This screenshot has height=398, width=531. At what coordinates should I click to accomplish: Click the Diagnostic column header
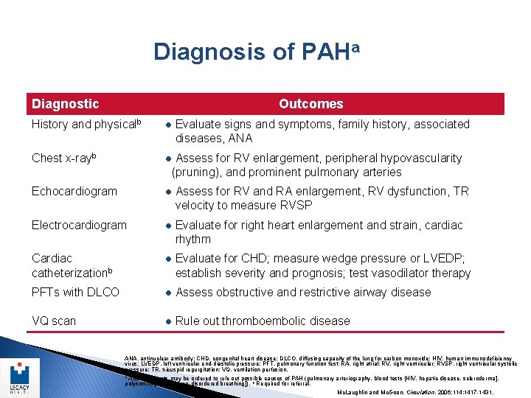coord(65,104)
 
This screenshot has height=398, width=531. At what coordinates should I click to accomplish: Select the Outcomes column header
coord(310,104)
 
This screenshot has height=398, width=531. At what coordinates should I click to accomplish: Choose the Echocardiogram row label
coord(74,191)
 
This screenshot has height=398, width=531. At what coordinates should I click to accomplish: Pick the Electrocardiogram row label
coord(79,225)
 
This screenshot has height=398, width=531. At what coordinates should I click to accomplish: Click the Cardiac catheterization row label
coord(71,265)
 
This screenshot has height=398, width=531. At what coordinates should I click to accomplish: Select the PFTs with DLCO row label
coord(75,292)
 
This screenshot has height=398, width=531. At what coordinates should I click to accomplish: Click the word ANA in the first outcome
coord(240,139)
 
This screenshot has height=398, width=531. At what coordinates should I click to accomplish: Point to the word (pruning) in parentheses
coord(199,172)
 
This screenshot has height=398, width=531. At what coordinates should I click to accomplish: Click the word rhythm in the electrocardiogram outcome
coord(193,240)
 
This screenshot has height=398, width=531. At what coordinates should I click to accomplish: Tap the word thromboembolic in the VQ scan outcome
coord(260,321)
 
